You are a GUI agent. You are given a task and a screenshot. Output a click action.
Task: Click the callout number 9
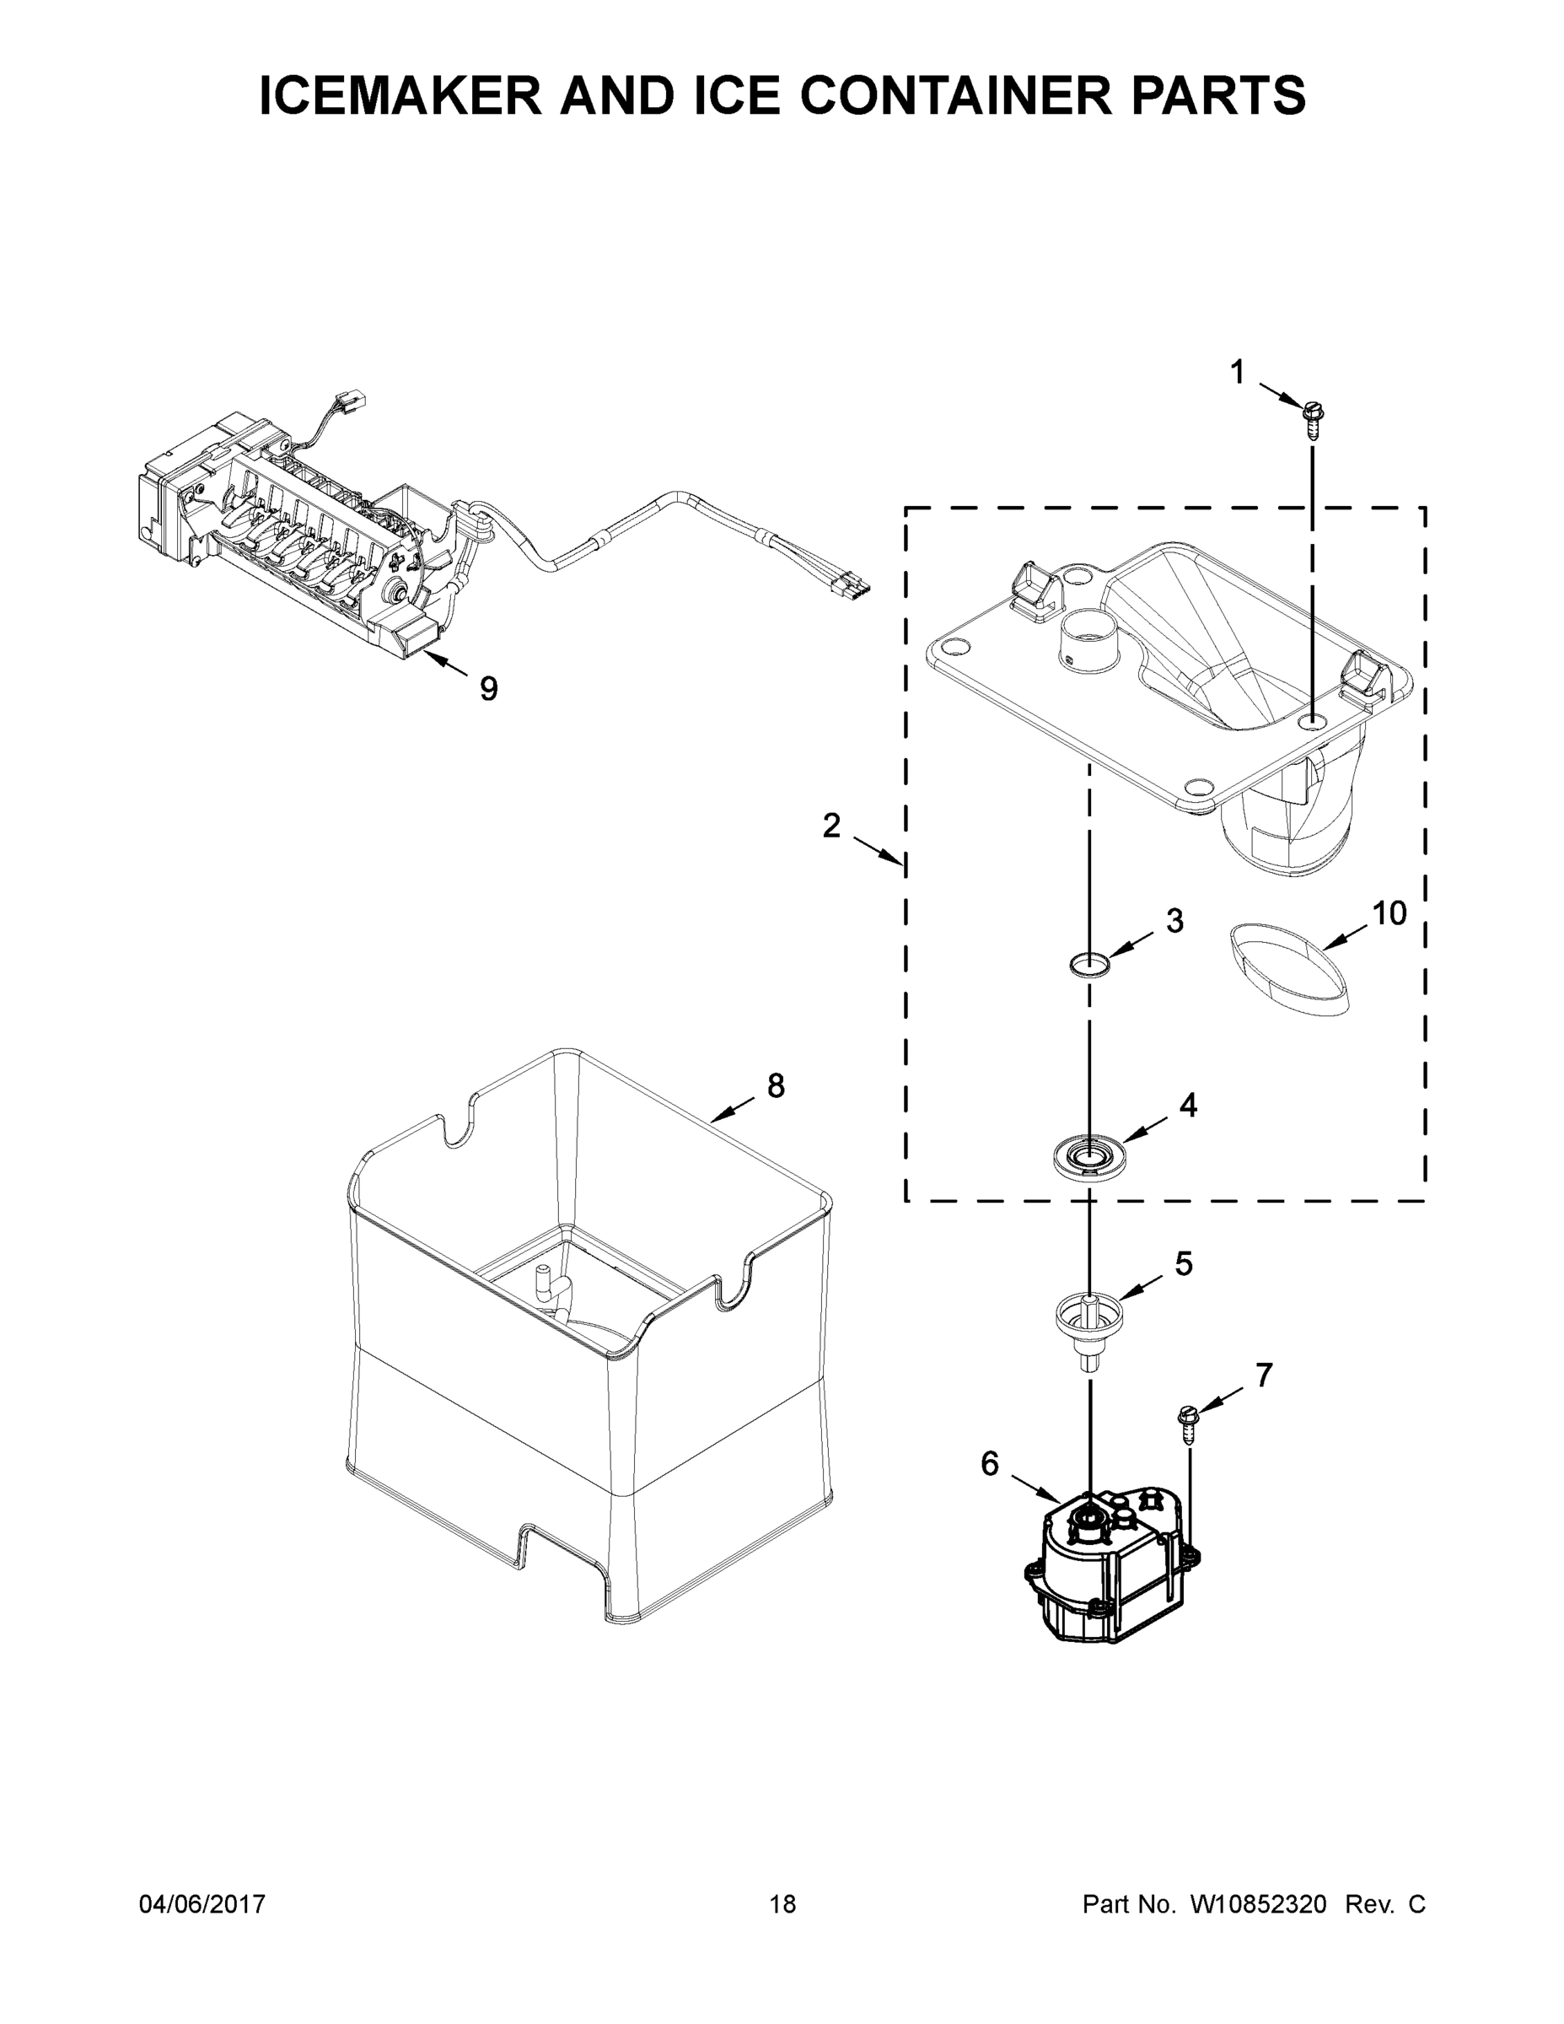coord(488,688)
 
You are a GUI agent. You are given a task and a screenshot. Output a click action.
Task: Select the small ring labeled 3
coord(1088,964)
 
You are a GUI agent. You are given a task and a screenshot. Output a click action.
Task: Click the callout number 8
coord(776,1085)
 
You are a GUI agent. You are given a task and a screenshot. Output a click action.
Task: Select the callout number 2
coord(831,825)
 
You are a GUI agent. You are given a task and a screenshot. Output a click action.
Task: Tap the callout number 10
coord(1389,914)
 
